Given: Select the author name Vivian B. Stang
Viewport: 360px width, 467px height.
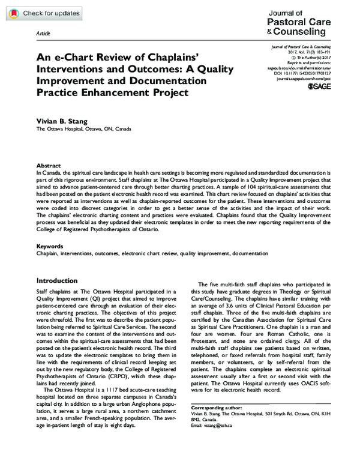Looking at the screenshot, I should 62,121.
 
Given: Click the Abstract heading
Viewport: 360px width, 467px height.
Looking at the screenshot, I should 49,164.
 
